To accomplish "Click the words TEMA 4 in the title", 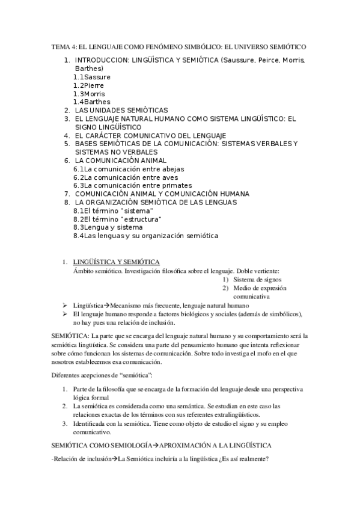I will [61, 46].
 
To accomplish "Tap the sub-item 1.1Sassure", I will [91, 77].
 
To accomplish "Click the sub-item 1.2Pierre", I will [88, 85].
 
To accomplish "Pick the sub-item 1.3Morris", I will [90, 94].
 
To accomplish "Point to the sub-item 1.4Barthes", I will [91, 102].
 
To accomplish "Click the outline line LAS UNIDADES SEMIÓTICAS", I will [121, 111].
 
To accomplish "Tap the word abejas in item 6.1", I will [172, 169].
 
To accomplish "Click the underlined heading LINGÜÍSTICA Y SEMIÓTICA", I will [116, 262].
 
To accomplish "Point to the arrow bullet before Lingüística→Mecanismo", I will [64, 306].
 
